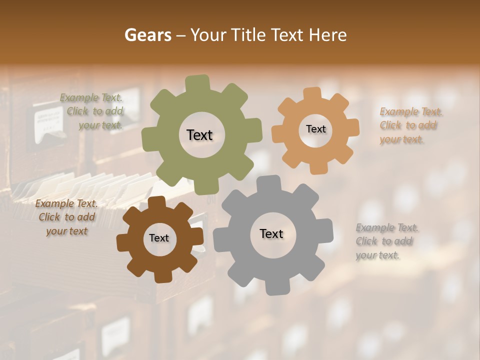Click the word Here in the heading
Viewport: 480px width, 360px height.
[x=328, y=35]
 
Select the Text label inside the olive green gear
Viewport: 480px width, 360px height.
[x=199, y=135]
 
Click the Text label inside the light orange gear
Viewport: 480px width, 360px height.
[x=315, y=129]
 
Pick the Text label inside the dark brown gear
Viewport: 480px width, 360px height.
[x=159, y=238]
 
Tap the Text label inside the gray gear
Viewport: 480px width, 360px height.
[x=271, y=233]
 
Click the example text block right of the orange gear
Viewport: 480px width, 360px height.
[x=408, y=125]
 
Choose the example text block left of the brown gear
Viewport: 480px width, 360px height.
[x=66, y=217]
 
